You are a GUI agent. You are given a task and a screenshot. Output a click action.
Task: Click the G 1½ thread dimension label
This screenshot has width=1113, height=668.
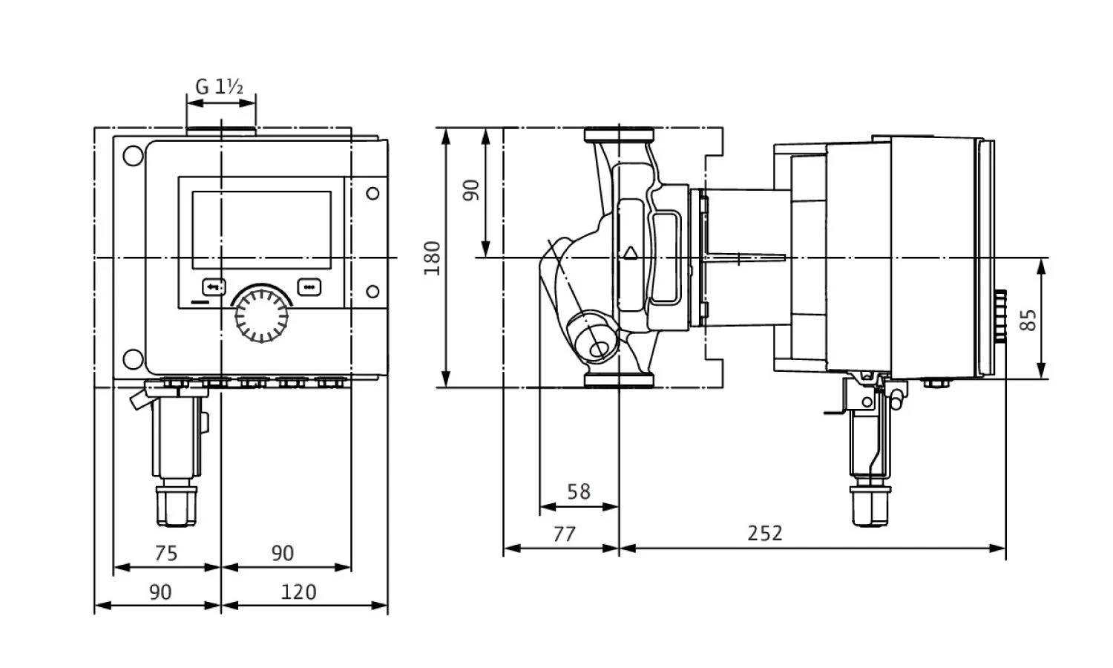point(219,87)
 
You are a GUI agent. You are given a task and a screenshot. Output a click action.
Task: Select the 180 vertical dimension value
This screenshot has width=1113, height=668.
point(432,258)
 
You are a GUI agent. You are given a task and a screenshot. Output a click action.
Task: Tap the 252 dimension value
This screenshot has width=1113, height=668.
point(765,533)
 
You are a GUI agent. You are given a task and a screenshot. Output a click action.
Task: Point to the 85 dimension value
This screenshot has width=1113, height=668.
point(1028,320)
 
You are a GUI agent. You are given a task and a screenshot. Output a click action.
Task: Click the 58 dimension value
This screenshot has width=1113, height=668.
point(578,491)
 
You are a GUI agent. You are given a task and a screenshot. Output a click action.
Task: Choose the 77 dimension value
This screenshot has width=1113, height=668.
point(564,533)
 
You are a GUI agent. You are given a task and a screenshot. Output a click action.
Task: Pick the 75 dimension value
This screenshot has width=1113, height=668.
point(166,552)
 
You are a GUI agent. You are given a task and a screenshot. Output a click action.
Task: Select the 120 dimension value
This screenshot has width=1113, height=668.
point(299,592)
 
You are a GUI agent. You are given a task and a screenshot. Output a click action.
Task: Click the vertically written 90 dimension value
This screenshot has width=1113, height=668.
point(471,189)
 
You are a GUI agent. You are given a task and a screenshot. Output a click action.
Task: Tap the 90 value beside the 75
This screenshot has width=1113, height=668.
point(282,552)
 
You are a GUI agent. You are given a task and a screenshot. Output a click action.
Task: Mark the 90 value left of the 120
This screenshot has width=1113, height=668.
point(160,592)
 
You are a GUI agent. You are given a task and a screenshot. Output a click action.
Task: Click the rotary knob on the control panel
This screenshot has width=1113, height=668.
point(261,315)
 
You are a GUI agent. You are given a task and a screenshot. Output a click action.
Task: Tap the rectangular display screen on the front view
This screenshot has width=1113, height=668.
point(261,230)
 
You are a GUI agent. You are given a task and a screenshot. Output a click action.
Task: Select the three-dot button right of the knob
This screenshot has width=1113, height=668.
point(309,286)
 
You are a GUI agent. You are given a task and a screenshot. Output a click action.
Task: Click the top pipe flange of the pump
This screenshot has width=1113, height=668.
point(619,135)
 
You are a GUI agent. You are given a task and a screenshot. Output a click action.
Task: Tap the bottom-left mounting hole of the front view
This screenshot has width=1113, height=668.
point(134,358)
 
